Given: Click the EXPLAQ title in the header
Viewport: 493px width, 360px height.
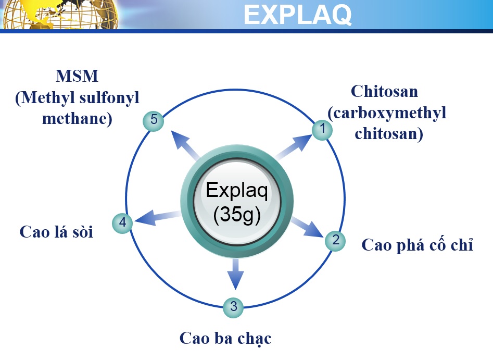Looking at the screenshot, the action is [x=297, y=15].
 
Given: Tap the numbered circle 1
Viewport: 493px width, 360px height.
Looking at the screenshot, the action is [x=322, y=130].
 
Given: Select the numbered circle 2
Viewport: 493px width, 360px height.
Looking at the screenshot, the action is [x=335, y=241].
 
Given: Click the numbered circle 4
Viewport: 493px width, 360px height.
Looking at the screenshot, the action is [x=123, y=223].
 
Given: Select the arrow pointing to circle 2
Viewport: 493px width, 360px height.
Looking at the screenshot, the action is [x=307, y=227].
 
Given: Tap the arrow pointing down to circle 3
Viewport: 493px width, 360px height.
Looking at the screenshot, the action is [x=235, y=274].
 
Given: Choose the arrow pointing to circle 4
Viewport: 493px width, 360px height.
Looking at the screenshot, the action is [x=158, y=217].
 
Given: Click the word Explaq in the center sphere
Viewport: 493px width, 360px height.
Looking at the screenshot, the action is [x=237, y=191].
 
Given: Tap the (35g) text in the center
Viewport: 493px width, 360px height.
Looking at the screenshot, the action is [x=237, y=215].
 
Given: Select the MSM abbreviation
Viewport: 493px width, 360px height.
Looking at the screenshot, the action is [x=77, y=76].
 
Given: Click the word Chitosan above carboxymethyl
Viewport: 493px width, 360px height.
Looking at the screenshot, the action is [x=385, y=92].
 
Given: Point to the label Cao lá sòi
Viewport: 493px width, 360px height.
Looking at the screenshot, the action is [x=56, y=232].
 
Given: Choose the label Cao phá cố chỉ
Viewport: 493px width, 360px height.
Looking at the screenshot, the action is [x=417, y=245].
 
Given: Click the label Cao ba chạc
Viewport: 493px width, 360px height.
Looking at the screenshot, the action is [x=225, y=339].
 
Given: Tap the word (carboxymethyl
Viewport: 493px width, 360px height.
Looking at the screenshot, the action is [x=387, y=113].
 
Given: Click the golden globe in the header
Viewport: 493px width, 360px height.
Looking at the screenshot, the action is [x=60, y=15].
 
